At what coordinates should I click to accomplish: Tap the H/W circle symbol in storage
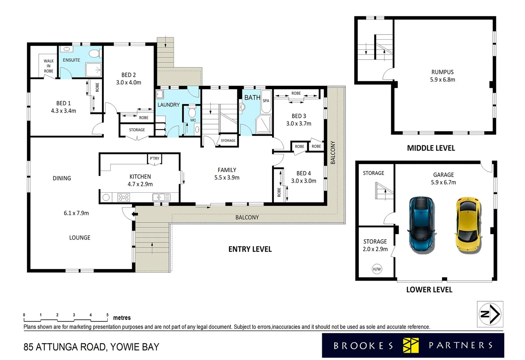(377, 269)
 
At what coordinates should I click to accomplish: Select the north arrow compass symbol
(490, 314)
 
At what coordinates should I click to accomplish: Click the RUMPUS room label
(442, 72)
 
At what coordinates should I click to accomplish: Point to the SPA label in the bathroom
(266, 101)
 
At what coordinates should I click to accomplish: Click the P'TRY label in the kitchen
(154, 158)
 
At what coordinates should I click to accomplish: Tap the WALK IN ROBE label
(49, 66)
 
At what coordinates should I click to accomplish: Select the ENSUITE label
(71, 60)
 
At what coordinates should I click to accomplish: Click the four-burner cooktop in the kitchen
(124, 197)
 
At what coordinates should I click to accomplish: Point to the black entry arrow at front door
(135, 214)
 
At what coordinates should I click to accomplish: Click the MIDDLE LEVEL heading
(431, 148)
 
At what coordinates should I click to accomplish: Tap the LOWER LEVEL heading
(429, 290)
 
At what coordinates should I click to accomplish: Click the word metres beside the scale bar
(122, 318)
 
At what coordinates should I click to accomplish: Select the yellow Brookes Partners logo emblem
(411, 345)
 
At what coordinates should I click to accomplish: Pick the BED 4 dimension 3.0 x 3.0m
(303, 181)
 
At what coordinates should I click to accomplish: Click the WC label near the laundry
(193, 120)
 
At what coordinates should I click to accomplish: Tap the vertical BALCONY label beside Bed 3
(333, 152)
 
